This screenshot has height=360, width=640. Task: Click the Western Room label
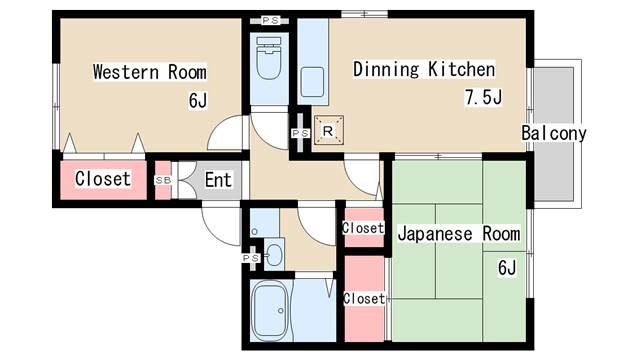(x=149, y=72)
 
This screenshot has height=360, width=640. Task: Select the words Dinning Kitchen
(x=423, y=70)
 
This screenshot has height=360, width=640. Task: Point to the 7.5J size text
(x=481, y=97)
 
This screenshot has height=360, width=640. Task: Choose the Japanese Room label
(x=459, y=234)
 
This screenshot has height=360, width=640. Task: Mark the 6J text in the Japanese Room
(x=506, y=267)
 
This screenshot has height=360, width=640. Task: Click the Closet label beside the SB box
(x=102, y=179)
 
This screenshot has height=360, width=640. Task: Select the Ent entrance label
(x=219, y=181)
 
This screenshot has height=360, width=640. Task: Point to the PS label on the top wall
(x=270, y=20)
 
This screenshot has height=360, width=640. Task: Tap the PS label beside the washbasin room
(x=250, y=258)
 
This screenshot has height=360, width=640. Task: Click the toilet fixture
(x=268, y=60)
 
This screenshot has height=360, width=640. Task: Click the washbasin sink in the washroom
(x=275, y=253)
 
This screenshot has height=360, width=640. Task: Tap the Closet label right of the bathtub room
(x=363, y=298)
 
